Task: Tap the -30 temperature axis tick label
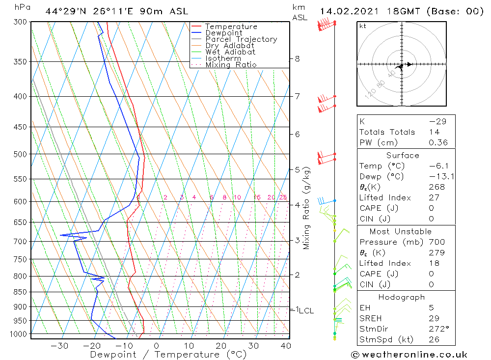point(59,345)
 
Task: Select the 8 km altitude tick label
point(297,58)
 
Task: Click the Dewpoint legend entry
point(223,33)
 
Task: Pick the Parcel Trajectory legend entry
point(241,39)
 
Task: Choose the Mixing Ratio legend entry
point(231,64)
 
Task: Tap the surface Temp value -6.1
point(436,166)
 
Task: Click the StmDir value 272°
point(436,329)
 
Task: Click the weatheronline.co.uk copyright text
point(409,355)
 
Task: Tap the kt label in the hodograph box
point(362,26)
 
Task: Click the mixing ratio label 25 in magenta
point(283,197)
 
